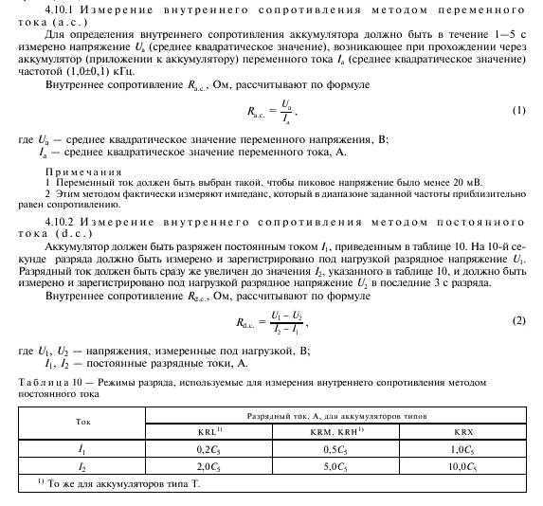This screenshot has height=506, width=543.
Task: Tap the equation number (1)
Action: click(x=518, y=110)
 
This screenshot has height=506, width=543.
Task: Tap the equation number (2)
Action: click(x=518, y=320)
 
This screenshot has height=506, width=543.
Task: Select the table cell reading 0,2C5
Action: click(x=208, y=447)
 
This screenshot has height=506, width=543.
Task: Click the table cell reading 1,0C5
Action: click(x=462, y=447)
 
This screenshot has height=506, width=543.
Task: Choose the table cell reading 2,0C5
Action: click(x=208, y=466)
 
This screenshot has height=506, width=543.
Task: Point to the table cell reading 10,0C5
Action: click(x=462, y=466)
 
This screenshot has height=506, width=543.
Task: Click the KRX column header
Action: click(x=462, y=429)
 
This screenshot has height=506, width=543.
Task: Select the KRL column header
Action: click(x=209, y=429)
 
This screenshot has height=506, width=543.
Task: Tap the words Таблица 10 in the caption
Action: click(x=48, y=380)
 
